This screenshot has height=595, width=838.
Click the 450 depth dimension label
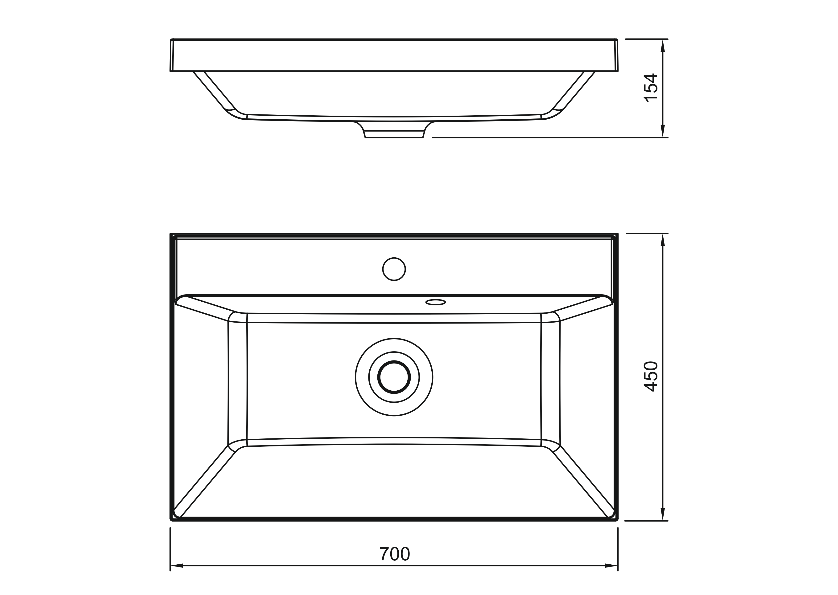click(651, 377)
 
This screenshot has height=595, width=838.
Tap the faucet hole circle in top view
click(394, 269)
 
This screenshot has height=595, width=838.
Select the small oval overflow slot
click(435, 302)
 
